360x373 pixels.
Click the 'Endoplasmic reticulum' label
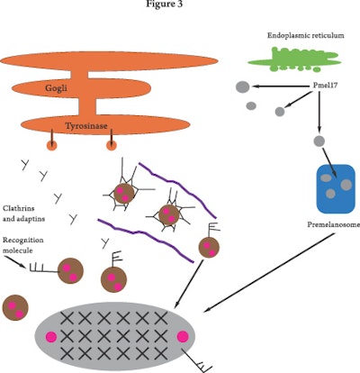[301, 37]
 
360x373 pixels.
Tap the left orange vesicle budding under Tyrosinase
[50, 144]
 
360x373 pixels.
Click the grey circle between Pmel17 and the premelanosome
[318, 141]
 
